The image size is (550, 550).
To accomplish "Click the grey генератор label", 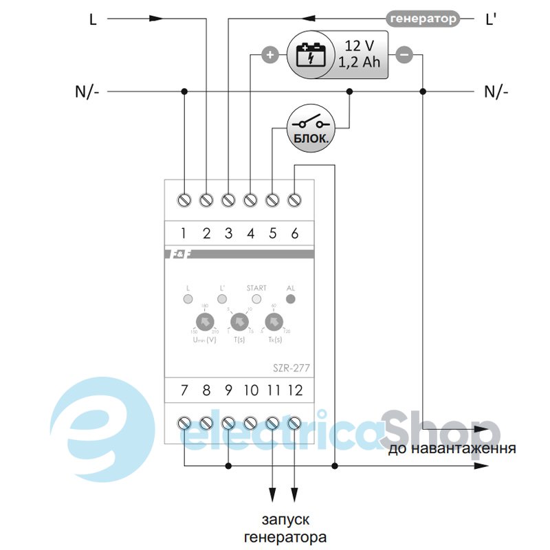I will (423, 19).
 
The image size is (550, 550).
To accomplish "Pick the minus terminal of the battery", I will (404, 55).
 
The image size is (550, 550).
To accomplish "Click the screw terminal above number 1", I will (184, 199).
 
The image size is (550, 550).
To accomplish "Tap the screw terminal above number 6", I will (295, 199).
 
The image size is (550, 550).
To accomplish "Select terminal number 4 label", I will (250, 234).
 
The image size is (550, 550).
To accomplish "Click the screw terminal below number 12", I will (295, 423).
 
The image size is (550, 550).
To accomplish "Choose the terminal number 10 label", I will (250, 390).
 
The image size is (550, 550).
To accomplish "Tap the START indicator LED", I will (256, 299).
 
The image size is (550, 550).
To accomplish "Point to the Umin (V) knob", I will (204, 322).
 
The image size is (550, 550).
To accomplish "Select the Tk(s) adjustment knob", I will (274, 322).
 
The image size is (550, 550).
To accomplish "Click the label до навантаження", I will (452, 450).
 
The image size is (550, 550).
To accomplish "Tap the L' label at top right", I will (491, 19).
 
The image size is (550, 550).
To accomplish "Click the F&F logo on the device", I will (180, 255).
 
